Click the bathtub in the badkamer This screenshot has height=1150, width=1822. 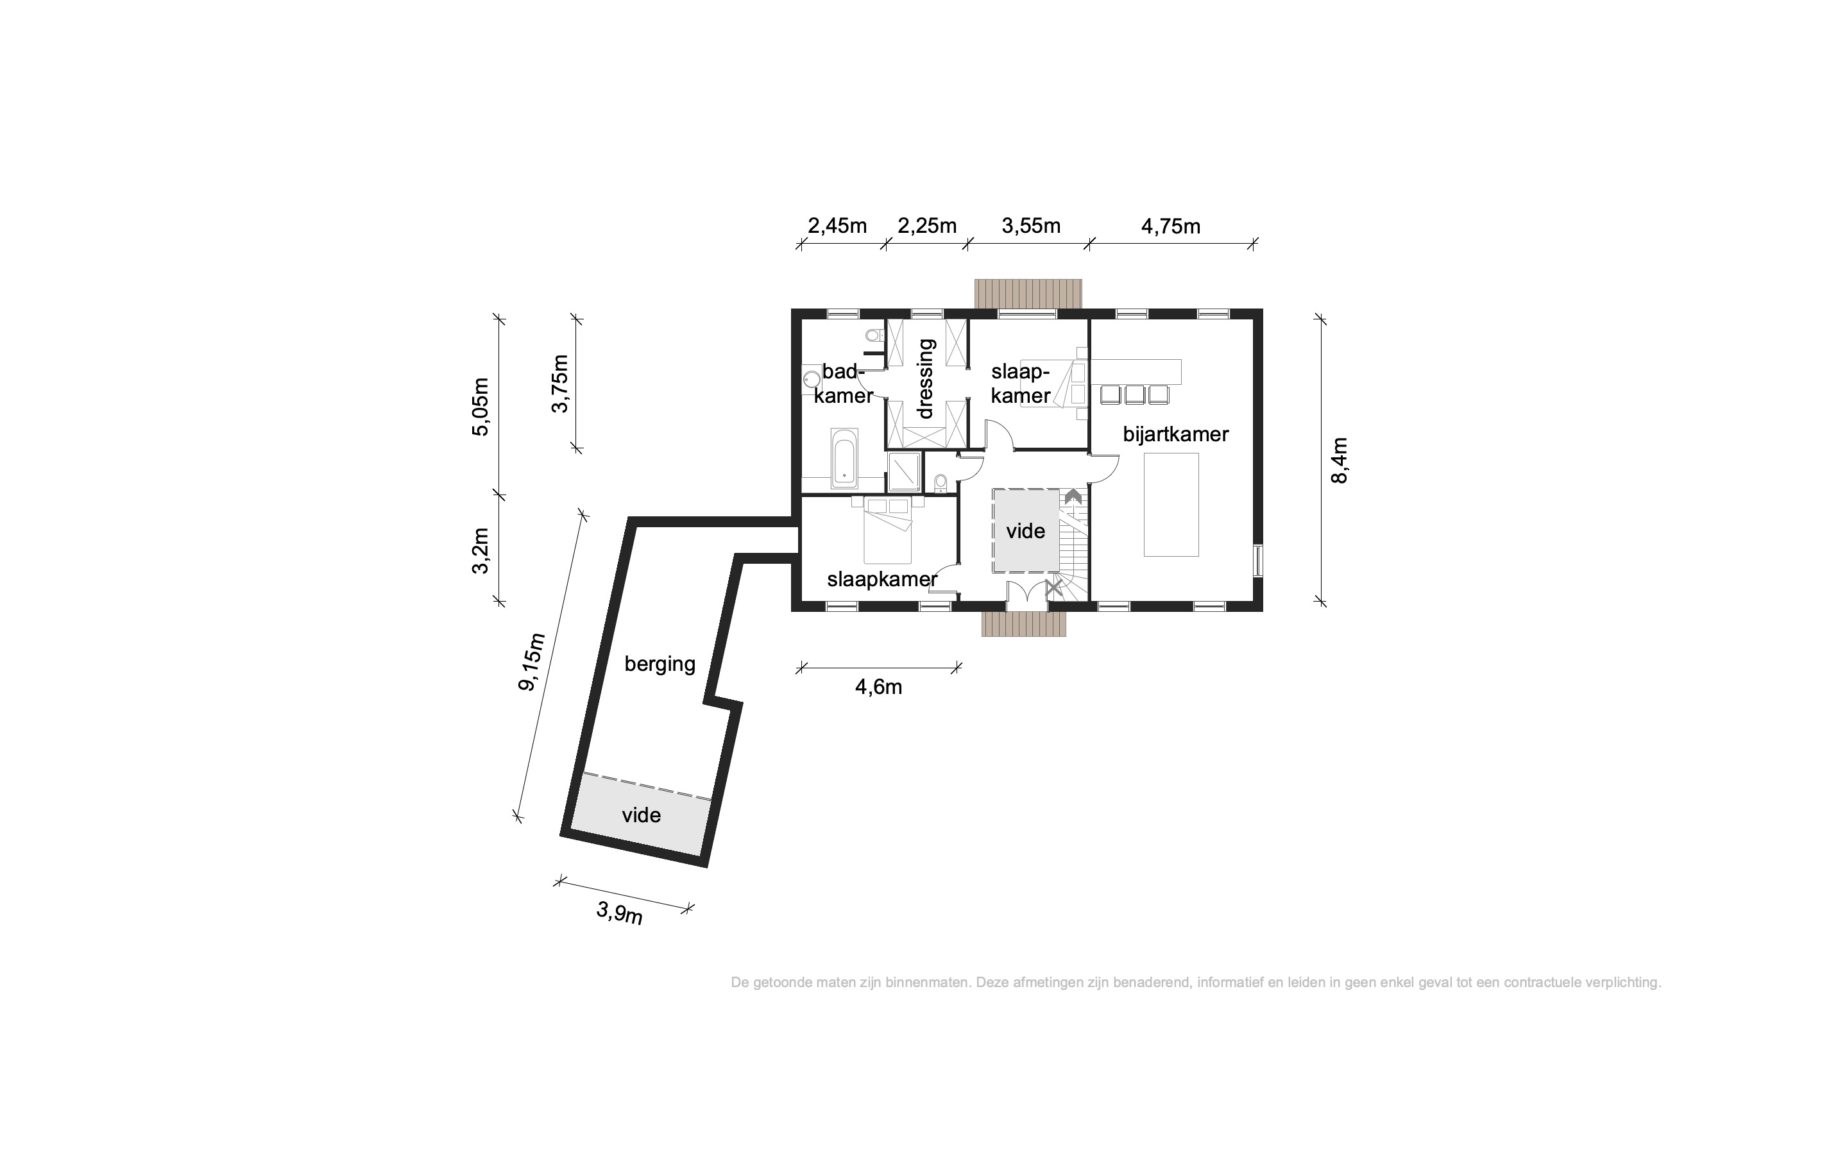point(844,458)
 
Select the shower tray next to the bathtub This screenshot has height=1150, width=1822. point(904,471)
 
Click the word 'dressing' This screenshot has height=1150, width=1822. point(925,378)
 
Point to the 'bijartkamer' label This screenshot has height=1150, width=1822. point(1175,434)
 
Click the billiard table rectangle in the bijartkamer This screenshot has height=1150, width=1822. point(1171,505)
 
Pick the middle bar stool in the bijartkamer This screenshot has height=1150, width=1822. point(1135,394)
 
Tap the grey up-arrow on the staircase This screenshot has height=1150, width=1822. point(1073,496)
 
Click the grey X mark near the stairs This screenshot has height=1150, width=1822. point(1054,586)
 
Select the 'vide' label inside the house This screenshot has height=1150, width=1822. point(1025,531)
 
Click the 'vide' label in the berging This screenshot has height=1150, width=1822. point(641,815)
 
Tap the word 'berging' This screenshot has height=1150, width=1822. point(660,664)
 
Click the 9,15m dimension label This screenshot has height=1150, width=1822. point(531,661)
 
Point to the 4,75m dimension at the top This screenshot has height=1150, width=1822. point(1171,226)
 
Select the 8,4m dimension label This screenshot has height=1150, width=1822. point(1340,460)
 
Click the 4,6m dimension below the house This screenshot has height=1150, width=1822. point(878,687)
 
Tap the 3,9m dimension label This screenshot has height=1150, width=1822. point(620,913)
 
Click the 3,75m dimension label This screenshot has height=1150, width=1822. point(560,384)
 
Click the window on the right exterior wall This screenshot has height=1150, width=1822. point(1258,561)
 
